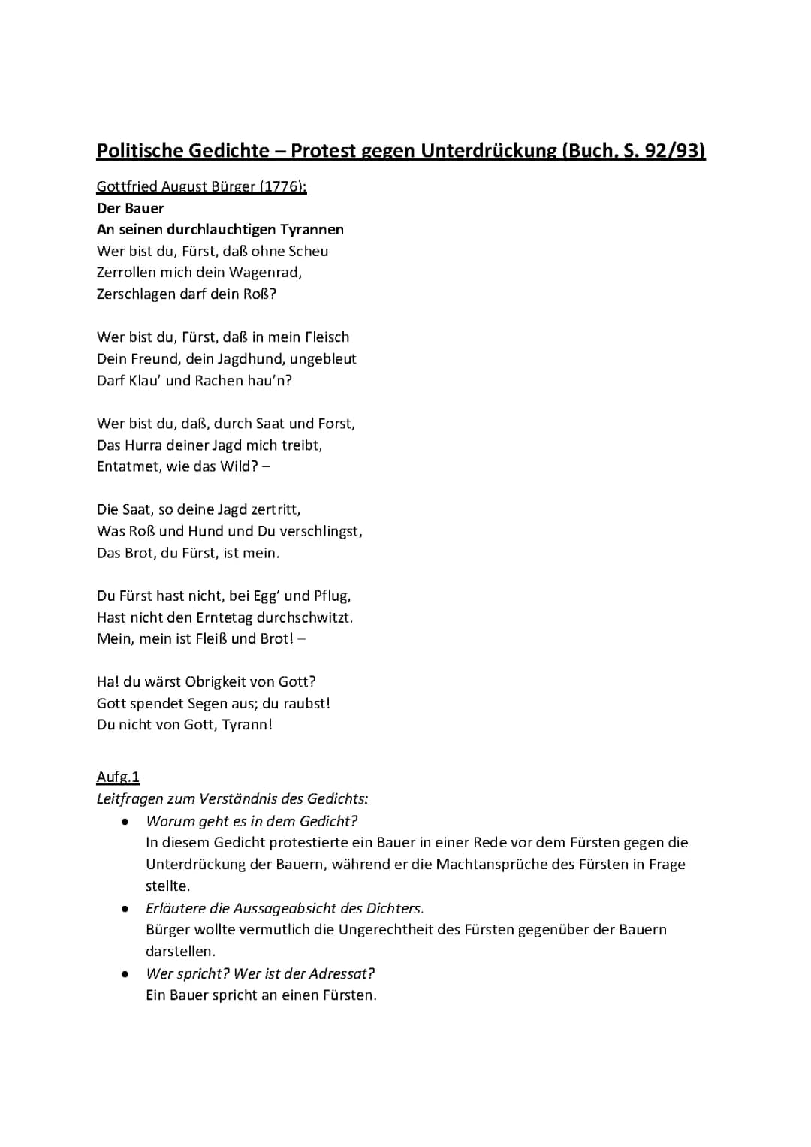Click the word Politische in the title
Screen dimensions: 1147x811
click(140, 151)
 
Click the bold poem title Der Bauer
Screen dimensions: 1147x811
click(130, 208)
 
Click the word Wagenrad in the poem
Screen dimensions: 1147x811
click(264, 273)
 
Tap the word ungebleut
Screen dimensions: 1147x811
click(323, 359)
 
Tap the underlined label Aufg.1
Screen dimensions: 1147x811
click(118, 777)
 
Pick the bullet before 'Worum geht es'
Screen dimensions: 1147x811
click(125, 822)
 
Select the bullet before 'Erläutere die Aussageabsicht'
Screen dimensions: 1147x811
click(125, 909)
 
